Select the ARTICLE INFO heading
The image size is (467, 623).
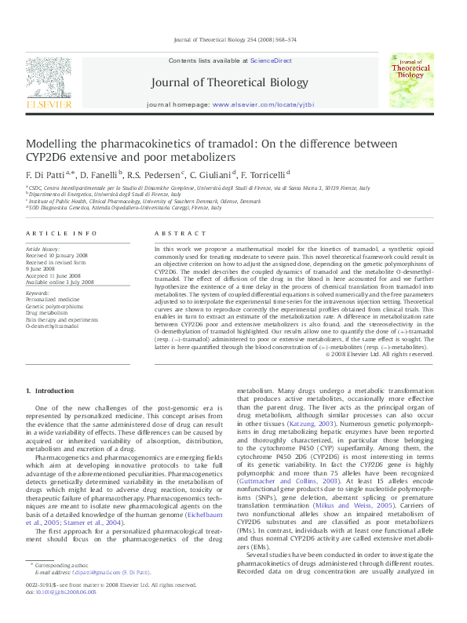point(51,234)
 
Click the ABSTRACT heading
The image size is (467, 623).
point(170,234)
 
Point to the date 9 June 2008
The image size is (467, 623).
point(41,268)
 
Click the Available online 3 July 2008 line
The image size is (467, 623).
point(60,282)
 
